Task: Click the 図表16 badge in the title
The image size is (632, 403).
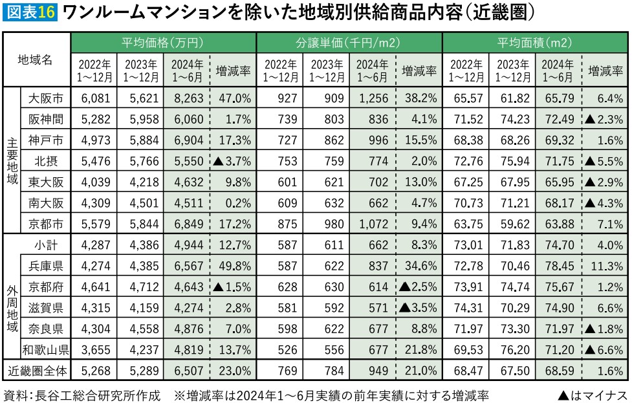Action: coord(30,12)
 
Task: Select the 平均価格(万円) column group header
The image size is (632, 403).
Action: coord(163,43)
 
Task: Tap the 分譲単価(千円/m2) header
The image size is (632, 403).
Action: coord(349,43)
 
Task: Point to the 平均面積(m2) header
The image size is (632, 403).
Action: coord(535,43)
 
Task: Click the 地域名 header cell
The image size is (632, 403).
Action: coord(36,60)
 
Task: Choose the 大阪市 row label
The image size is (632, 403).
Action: coord(46,99)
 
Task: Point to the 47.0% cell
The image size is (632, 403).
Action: coord(234,99)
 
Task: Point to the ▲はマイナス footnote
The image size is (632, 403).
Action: coord(593,394)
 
